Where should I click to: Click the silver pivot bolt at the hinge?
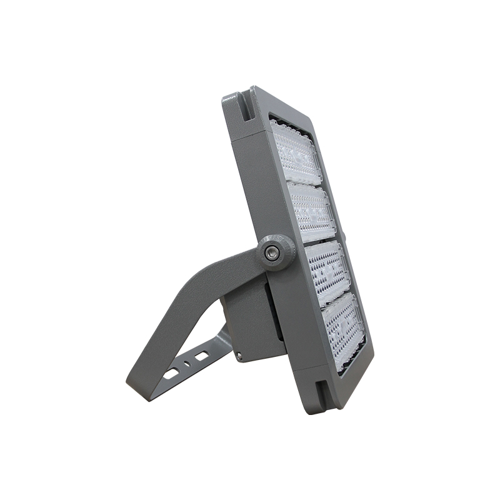click(x=271, y=251)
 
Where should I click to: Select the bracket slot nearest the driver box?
click(x=201, y=355)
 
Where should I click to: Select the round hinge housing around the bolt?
click(x=273, y=251)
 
